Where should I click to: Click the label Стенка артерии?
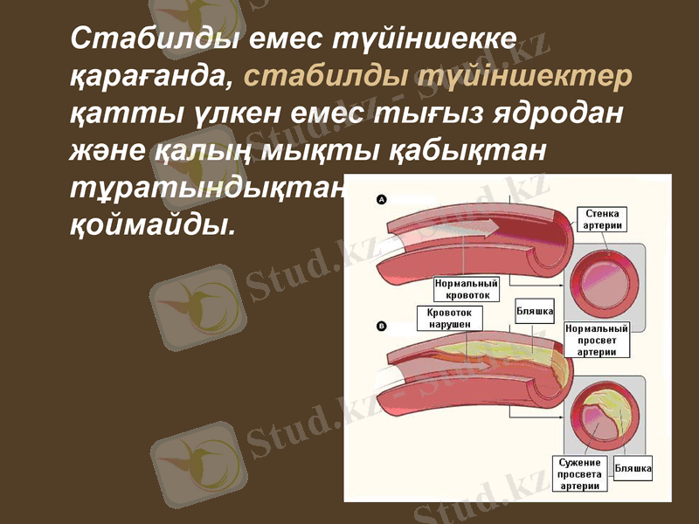[x=603, y=219]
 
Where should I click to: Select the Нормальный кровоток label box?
[x=467, y=289]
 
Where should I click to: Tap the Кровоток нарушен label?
[x=449, y=318]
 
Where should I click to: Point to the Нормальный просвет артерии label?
[x=597, y=340]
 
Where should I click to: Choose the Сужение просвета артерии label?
[x=580, y=473]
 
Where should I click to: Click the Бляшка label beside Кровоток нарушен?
[x=535, y=311]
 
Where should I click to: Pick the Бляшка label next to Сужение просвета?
[x=633, y=469]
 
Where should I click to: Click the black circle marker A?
[x=382, y=200]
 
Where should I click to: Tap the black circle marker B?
[x=381, y=327]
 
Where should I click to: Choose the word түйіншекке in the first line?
[x=423, y=39]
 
